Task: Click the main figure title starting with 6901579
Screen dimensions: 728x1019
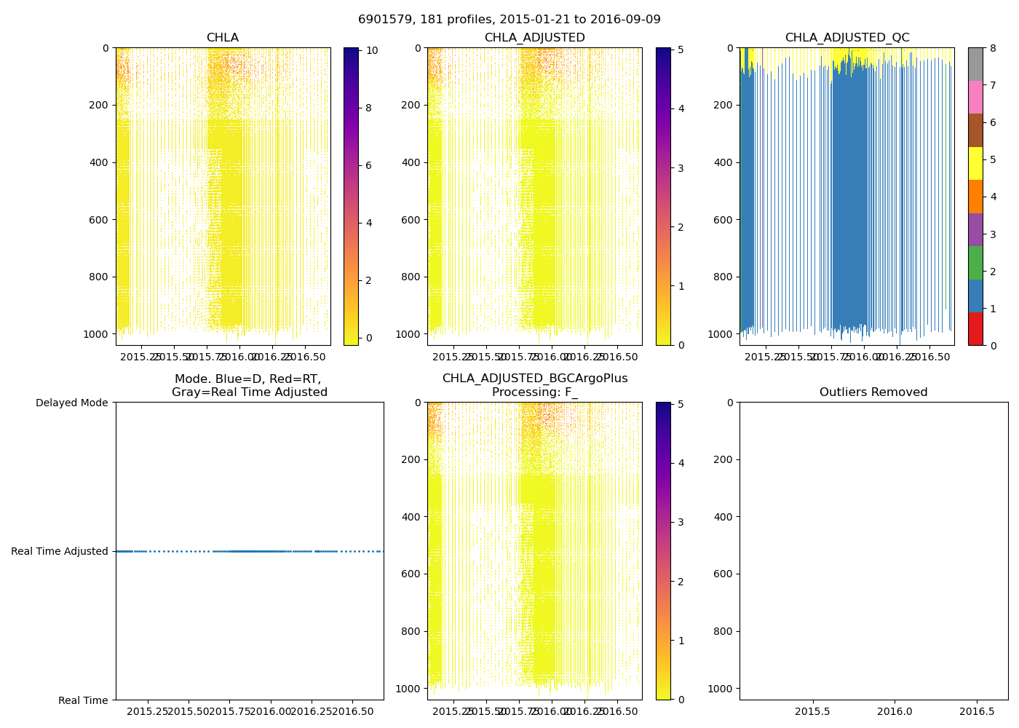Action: tap(509, 20)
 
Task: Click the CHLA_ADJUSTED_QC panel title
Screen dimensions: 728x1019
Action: tap(846, 38)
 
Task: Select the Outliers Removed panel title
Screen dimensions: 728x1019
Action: tap(873, 392)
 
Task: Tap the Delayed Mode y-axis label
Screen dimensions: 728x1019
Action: tap(71, 403)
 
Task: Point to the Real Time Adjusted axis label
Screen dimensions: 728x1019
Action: tap(60, 551)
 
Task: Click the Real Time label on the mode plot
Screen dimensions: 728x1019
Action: tap(83, 700)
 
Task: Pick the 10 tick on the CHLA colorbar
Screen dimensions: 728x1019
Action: tap(372, 51)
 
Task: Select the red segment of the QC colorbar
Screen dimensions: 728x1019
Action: tap(975, 328)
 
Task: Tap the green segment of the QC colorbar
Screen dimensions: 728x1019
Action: tap(975, 262)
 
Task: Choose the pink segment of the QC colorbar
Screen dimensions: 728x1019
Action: tap(975, 97)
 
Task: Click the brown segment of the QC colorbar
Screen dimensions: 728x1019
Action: tap(975, 130)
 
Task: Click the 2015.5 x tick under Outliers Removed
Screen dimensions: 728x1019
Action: tap(812, 711)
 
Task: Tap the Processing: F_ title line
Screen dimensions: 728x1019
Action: tap(534, 392)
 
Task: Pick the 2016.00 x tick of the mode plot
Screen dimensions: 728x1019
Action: tap(271, 711)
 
